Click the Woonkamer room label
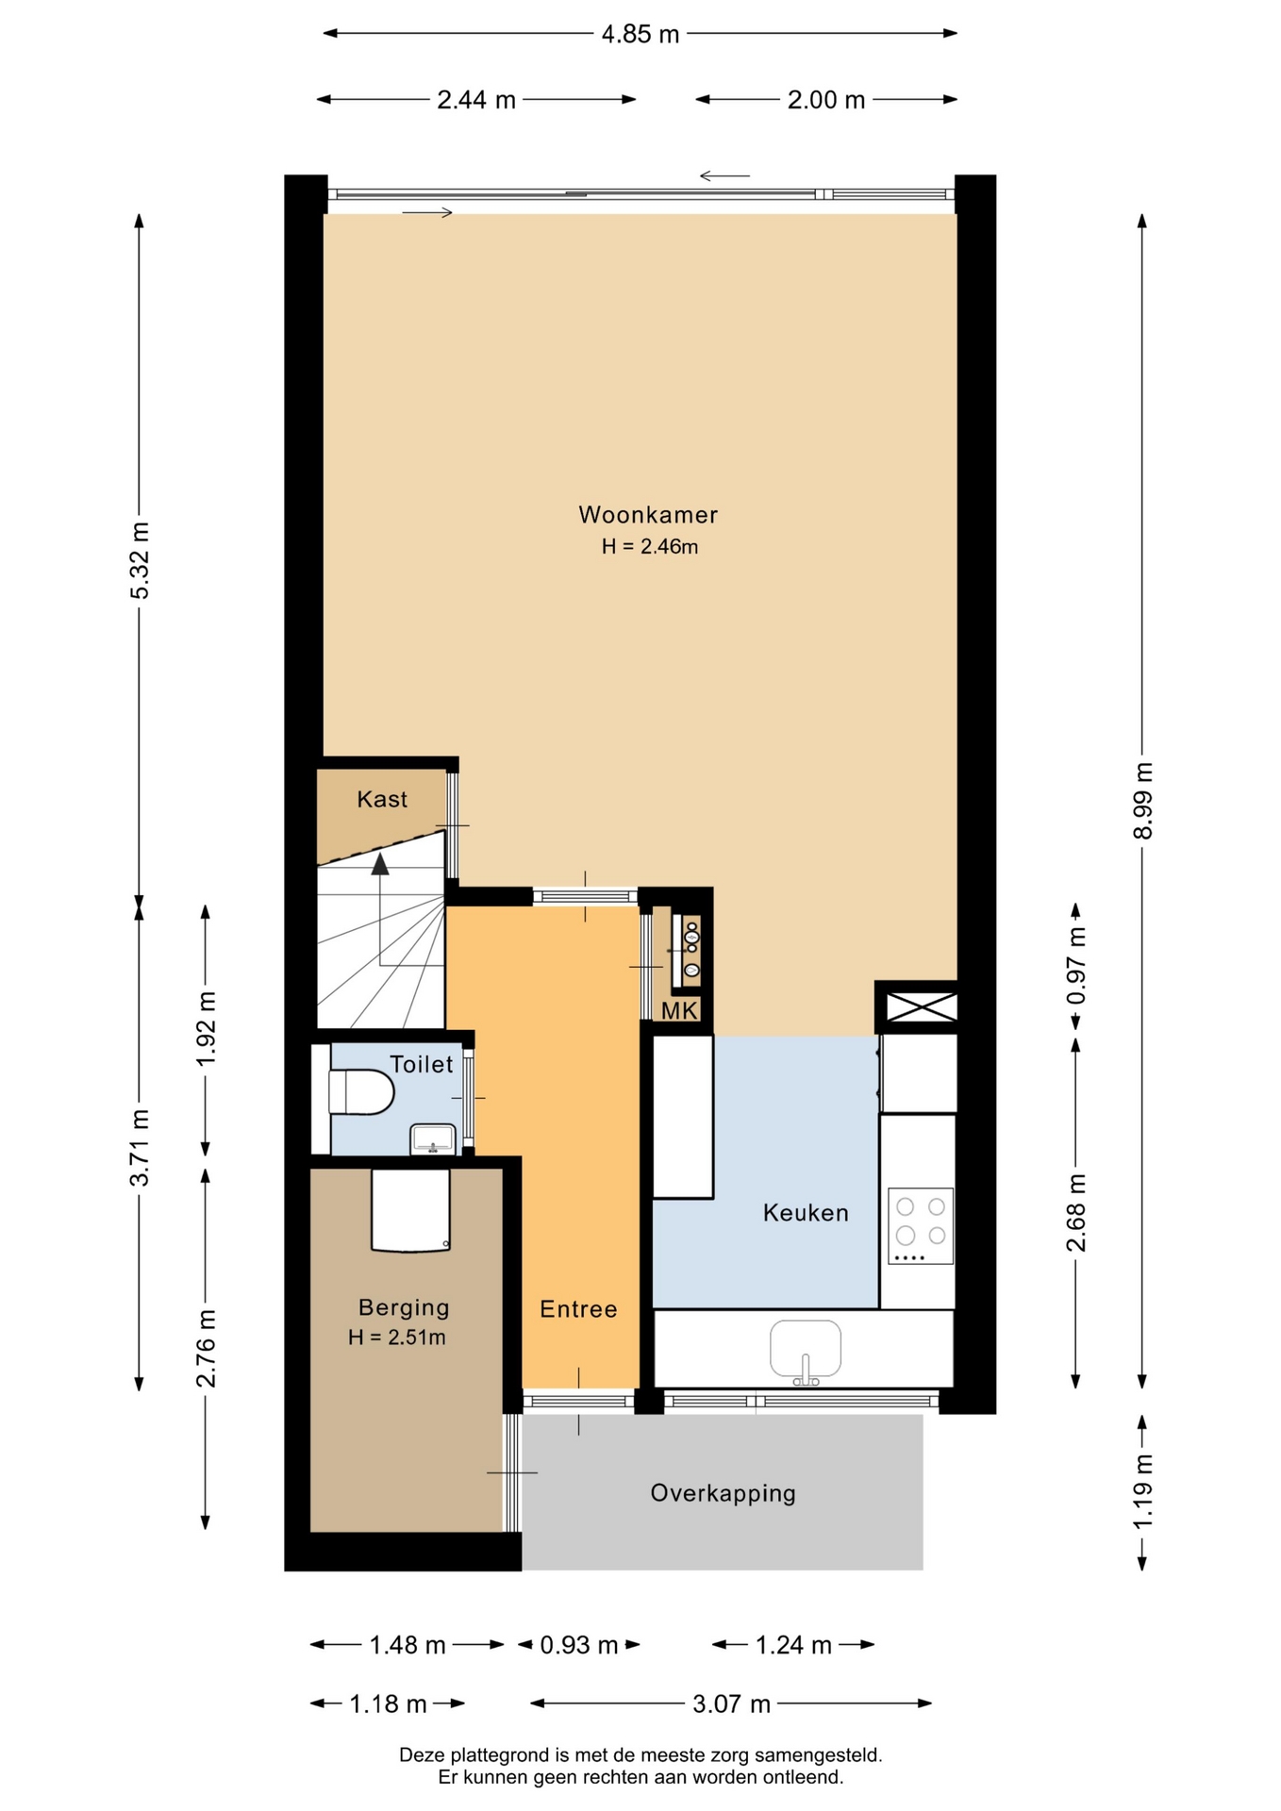coord(648,515)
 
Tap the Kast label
coord(382,800)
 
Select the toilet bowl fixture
coord(361,1091)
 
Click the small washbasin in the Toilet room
coord(433,1139)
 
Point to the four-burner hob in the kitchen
coord(921,1225)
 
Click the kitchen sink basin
coord(806,1350)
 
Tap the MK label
coord(679,1011)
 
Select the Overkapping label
coord(724,1493)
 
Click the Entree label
coord(578,1309)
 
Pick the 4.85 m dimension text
coord(640,35)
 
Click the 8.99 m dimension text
coord(1143,800)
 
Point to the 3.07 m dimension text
coord(732,1703)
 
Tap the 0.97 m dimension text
coord(1076,966)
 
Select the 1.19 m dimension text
coord(1143,1492)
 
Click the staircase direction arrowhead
coord(380,864)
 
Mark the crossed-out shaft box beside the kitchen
coord(922,1006)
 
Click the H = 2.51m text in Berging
coord(397,1337)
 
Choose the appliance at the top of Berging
coord(410,1210)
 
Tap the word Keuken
coord(806,1213)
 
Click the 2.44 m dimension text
coord(476,100)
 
